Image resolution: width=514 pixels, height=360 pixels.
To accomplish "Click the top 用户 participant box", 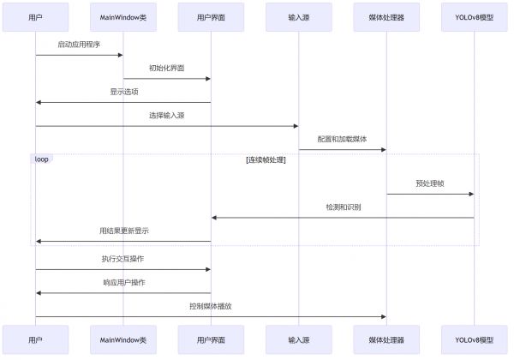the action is [35, 17].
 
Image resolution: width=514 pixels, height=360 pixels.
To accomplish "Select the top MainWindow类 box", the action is [123, 17].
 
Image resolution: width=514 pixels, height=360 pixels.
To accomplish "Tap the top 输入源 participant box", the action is [299, 17].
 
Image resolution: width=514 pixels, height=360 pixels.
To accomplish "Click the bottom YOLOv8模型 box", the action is [474, 340].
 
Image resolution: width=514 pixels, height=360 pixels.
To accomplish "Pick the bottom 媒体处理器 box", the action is [386, 340].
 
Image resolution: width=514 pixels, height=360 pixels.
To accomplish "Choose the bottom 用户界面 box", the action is [211, 340].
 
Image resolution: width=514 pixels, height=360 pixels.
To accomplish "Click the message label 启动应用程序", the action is [79, 45].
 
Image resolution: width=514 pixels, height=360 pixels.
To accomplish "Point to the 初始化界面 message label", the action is [167, 68].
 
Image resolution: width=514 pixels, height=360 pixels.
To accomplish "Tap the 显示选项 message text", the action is [124, 92].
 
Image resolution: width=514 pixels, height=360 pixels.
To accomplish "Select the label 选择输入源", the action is [167, 115].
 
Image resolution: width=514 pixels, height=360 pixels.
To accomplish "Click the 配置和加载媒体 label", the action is [342, 139].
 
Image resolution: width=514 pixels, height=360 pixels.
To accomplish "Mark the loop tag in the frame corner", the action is [42, 159].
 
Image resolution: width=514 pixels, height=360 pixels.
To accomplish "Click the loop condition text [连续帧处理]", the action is [266, 159].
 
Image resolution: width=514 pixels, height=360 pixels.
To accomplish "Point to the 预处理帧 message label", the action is [430, 183].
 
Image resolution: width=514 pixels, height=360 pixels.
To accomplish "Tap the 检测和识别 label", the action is [344, 207].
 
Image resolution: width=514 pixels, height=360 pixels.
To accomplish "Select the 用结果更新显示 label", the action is [124, 231].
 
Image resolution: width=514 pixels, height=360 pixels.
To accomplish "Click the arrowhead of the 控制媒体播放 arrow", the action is [384, 317].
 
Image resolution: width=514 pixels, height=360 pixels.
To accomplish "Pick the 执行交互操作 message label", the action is [123, 259].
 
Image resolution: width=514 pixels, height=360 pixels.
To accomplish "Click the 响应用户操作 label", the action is [124, 282].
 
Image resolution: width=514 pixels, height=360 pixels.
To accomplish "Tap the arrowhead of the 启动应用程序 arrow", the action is [120, 55].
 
